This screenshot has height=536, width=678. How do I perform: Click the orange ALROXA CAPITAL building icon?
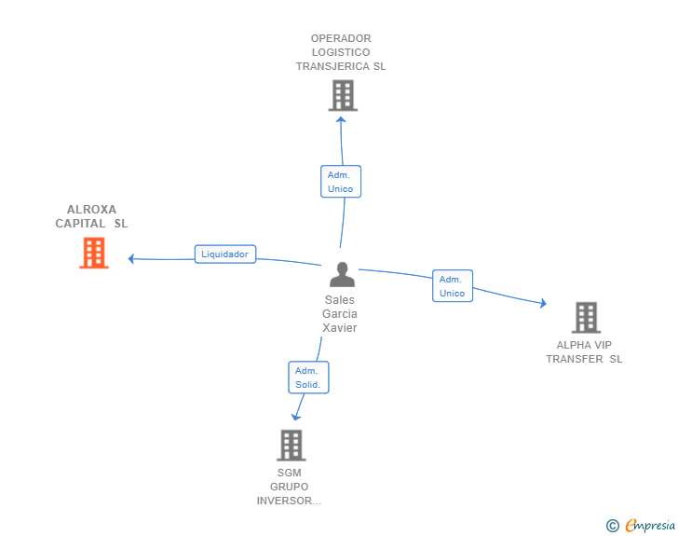[94, 253]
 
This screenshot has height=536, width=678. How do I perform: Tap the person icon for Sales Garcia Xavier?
[342, 275]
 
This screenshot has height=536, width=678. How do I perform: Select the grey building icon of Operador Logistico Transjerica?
[343, 95]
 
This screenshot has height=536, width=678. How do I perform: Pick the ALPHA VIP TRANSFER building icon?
[586, 318]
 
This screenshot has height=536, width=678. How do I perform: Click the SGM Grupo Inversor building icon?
[292, 446]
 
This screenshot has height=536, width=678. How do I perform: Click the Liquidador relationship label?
[225, 254]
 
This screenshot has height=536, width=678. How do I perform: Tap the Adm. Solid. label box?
[308, 377]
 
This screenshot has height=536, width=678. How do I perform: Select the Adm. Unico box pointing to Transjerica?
[341, 181]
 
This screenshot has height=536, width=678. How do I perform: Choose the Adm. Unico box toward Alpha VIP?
[453, 286]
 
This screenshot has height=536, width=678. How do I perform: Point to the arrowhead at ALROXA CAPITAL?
[132, 258]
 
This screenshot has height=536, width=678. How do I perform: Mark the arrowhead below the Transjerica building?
[341, 118]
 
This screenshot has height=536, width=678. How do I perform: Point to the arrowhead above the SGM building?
[296, 416]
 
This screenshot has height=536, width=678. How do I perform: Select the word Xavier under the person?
[340, 327]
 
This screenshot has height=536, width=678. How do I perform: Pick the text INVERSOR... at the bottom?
[289, 501]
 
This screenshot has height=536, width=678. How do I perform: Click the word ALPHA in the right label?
[573, 345]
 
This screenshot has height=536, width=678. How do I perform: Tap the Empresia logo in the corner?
[650, 526]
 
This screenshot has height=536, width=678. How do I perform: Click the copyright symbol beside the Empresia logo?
[612, 526]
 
